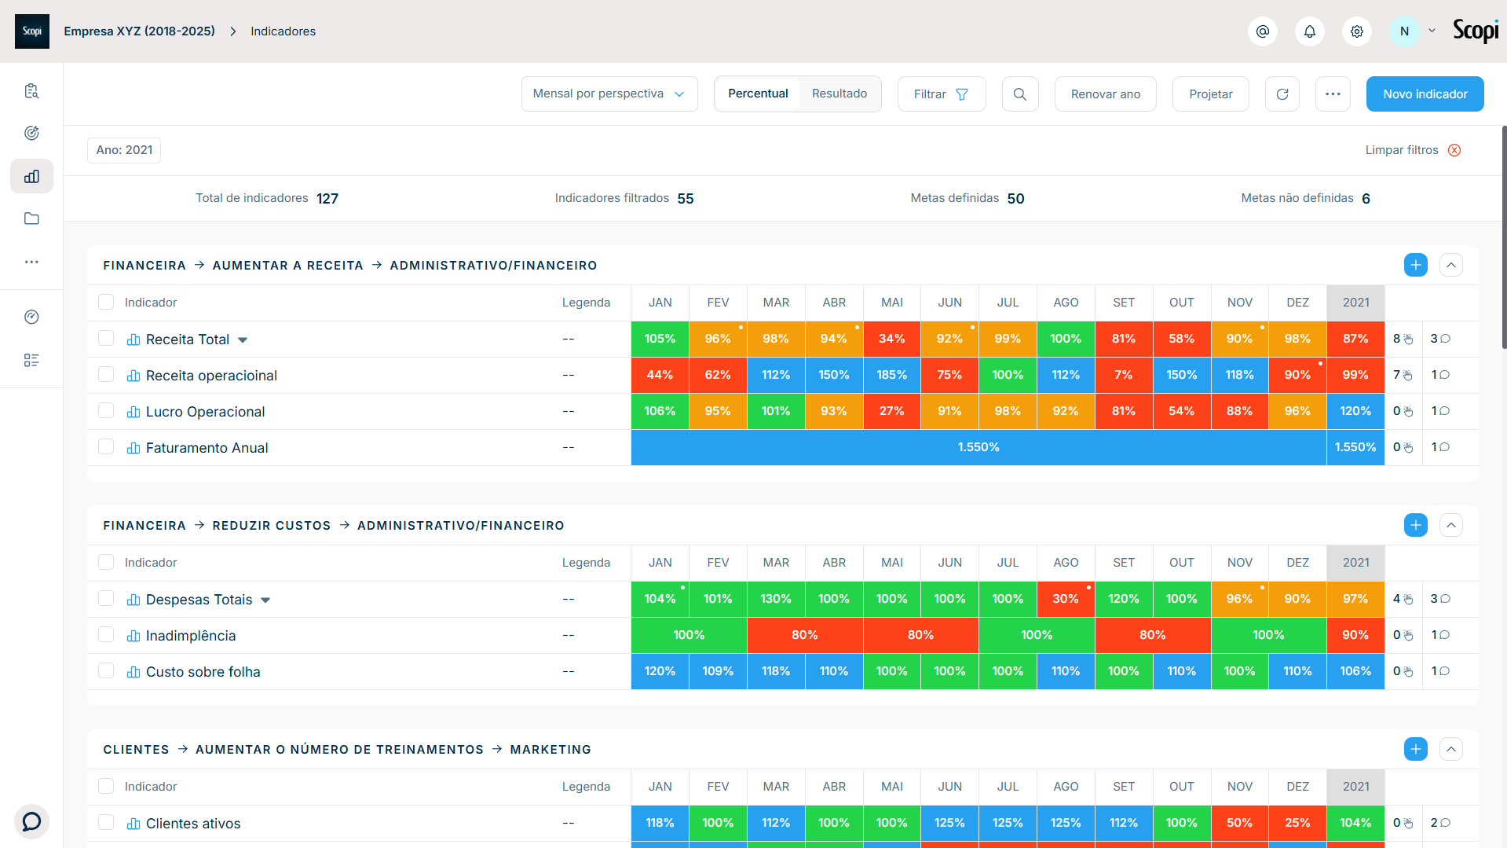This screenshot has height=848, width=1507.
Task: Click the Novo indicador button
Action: point(1425,94)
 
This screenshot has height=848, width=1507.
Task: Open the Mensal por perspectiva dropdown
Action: point(609,94)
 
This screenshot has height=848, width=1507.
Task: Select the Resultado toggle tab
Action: point(839,94)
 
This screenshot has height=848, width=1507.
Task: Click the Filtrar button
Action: point(941,94)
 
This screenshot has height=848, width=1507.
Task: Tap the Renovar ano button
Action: point(1105,94)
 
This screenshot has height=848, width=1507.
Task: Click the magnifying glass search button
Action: point(1020,94)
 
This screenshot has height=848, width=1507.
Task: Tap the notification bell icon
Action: point(1309,31)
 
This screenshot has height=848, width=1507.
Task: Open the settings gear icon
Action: point(1356,31)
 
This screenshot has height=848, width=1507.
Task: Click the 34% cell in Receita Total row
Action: point(891,339)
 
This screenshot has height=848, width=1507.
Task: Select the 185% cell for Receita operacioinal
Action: point(891,375)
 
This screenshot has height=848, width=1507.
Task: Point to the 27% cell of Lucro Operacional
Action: point(891,411)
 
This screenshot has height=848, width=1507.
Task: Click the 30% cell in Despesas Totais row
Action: point(1066,599)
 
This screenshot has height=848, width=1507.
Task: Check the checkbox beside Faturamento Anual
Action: point(106,447)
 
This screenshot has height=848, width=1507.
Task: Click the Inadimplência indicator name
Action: point(191,636)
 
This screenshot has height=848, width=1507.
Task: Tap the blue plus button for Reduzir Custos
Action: point(1415,525)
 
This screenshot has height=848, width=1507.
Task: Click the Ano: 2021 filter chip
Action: point(124,150)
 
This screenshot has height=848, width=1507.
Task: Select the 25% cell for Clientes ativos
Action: point(1297,823)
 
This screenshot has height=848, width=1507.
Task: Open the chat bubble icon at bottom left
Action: point(31,822)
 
